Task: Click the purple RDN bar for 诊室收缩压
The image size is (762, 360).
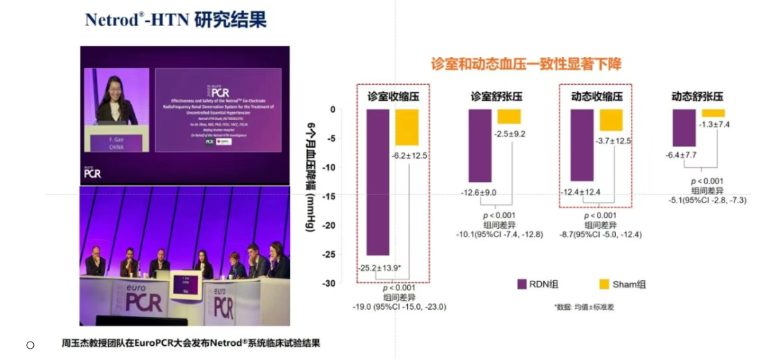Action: [377, 181]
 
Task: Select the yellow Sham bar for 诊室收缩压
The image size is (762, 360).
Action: [407, 127]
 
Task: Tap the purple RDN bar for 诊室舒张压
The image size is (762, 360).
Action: [480, 145]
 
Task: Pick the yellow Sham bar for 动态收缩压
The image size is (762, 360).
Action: [612, 120]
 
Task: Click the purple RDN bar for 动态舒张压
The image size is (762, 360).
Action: [684, 128]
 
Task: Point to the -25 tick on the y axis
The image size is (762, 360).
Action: [339, 254]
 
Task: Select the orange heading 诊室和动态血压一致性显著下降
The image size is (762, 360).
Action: [526, 64]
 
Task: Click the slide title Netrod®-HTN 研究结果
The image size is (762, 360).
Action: [176, 19]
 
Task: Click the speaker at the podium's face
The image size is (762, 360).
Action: [116, 90]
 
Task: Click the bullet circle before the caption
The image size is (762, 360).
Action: [30, 344]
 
